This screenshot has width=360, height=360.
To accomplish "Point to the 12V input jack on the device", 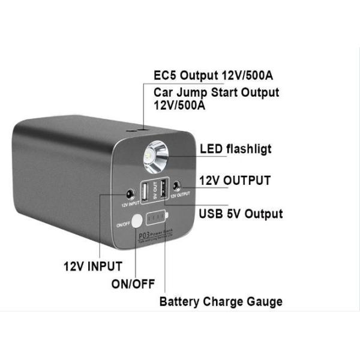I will pos(129,194).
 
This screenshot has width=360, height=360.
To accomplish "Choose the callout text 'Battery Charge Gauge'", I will pos(221,301).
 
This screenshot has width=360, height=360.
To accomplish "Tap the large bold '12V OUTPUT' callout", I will pos(235,181).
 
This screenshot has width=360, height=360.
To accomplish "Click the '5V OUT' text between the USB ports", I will pos(155,190).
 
